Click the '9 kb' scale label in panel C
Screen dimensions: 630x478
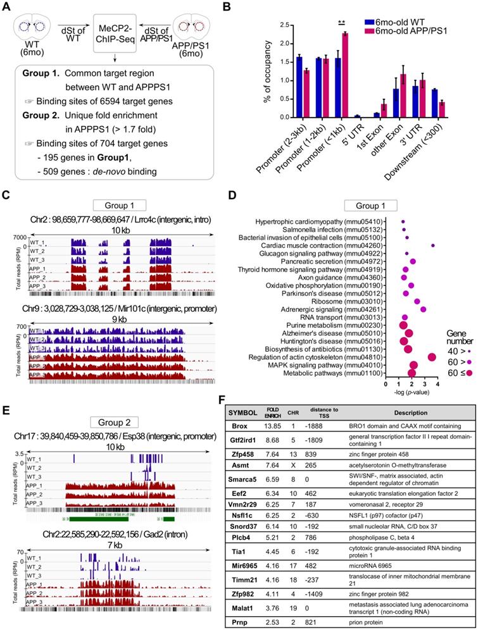click(x=112, y=302)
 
